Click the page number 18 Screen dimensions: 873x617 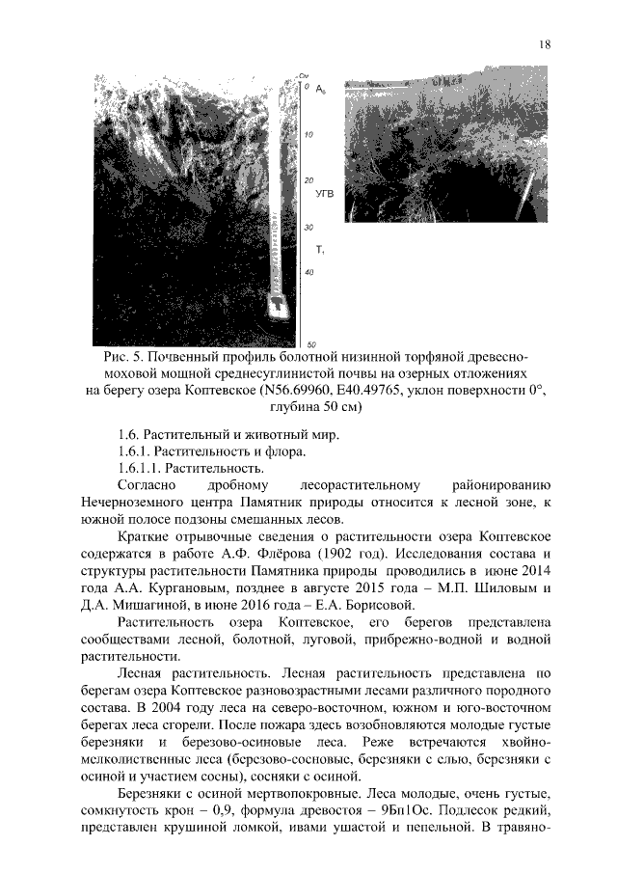(545, 44)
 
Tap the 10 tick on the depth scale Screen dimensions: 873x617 (308, 135)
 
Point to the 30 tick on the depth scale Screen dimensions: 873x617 (308, 228)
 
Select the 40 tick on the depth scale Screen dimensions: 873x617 (308, 273)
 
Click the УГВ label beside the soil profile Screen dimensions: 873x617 (325, 195)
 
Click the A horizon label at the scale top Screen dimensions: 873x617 (319, 90)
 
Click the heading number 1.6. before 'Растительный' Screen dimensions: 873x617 (127, 434)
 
